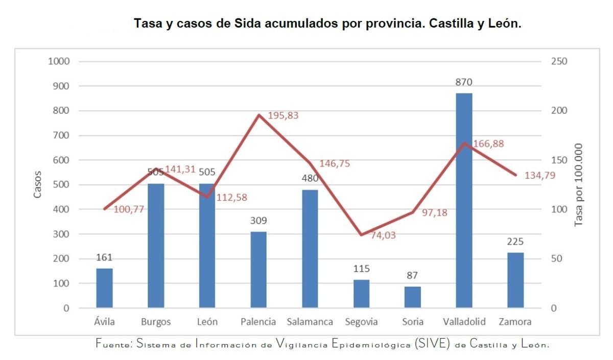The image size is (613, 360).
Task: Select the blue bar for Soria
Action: pyautogui.click(x=412, y=297)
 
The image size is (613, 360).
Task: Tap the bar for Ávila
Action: pyautogui.click(x=104, y=288)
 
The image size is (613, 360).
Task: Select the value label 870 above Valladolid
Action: pyautogui.click(x=464, y=82)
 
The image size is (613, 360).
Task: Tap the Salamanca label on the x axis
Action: pyautogui.click(x=310, y=322)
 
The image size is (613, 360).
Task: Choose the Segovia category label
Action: pyautogui.click(x=361, y=322)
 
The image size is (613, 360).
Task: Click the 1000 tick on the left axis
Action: pyautogui.click(x=58, y=61)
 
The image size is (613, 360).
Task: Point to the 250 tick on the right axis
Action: pyautogui.click(x=560, y=61)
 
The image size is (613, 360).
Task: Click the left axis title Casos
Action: pyautogui.click(x=38, y=184)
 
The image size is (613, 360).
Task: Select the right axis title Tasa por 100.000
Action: pyautogui.click(x=579, y=184)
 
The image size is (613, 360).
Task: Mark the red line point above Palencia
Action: pyautogui.click(x=258, y=115)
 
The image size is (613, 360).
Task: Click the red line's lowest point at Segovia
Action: pyautogui.click(x=361, y=235)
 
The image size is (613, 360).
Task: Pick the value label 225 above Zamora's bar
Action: pyautogui.click(x=515, y=242)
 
